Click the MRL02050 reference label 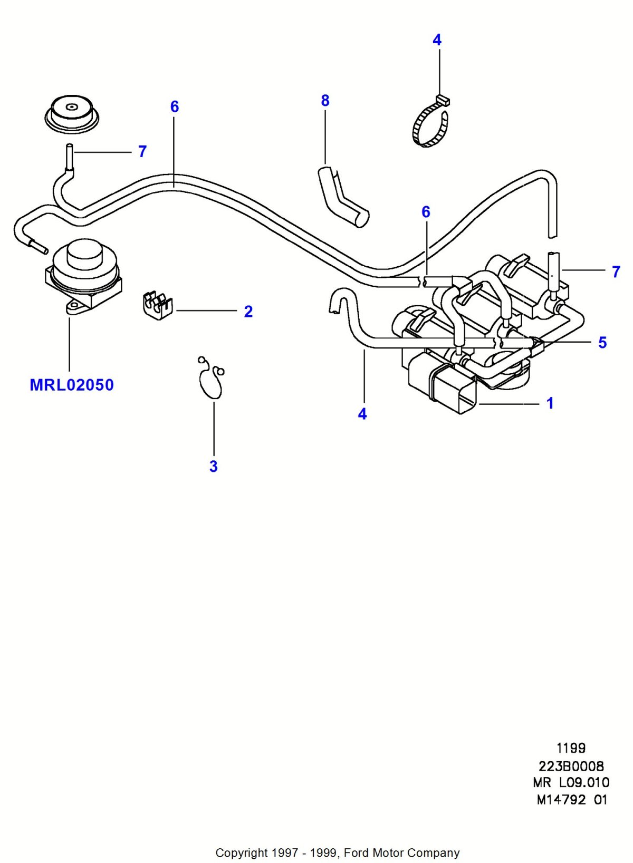[x=72, y=385]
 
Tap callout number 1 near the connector [x=550, y=403]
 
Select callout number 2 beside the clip [x=248, y=312]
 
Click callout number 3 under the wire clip [x=213, y=467]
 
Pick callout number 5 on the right [x=602, y=343]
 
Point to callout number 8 [x=325, y=101]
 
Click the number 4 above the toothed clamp [x=437, y=40]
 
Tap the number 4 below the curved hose [x=362, y=414]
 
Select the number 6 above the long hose [x=175, y=107]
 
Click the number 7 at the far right [x=616, y=271]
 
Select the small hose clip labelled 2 [x=157, y=304]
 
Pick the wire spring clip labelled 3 [x=210, y=376]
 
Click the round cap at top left [x=71, y=113]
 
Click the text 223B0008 [x=571, y=765]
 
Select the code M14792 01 [x=572, y=799]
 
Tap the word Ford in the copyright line [x=357, y=852]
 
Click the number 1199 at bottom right [x=571, y=748]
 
